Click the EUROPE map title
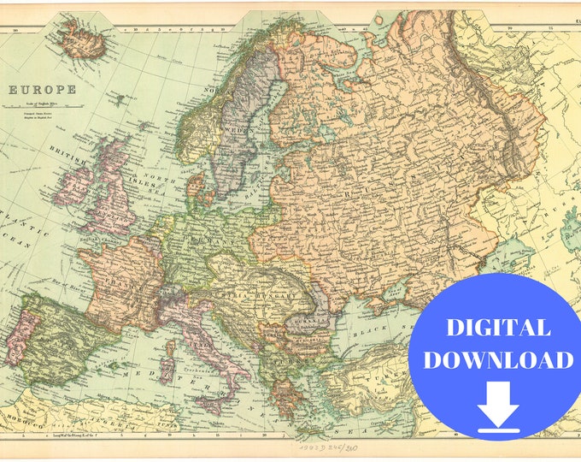point(42,89)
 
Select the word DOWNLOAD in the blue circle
point(499,359)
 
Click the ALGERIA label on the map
point(120,420)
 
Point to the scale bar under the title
point(42,109)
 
